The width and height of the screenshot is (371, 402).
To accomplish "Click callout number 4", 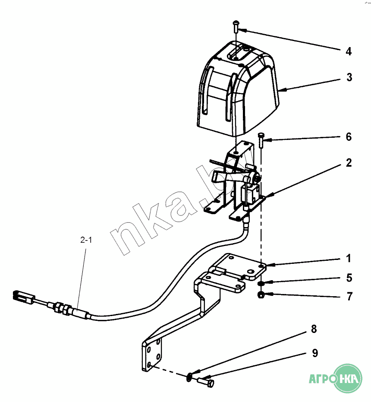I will (348, 52).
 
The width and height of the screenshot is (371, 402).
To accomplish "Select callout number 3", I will (349, 78).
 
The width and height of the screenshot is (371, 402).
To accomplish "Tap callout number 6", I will (348, 137).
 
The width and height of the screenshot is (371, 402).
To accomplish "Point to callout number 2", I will (348, 163).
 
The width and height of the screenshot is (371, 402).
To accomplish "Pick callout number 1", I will (348, 259).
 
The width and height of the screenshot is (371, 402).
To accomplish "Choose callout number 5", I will (349, 278).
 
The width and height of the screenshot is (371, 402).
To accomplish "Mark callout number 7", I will (348, 297).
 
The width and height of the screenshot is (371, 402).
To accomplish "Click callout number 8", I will (314, 329).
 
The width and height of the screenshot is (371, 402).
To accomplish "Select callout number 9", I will (315, 353).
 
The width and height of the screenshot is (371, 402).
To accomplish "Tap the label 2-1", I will (86, 241).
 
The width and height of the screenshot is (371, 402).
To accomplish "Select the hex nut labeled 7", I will (261, 295).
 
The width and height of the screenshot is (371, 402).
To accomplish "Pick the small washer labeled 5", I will (261, 284).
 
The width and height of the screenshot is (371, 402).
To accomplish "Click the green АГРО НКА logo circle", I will (349, 379).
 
